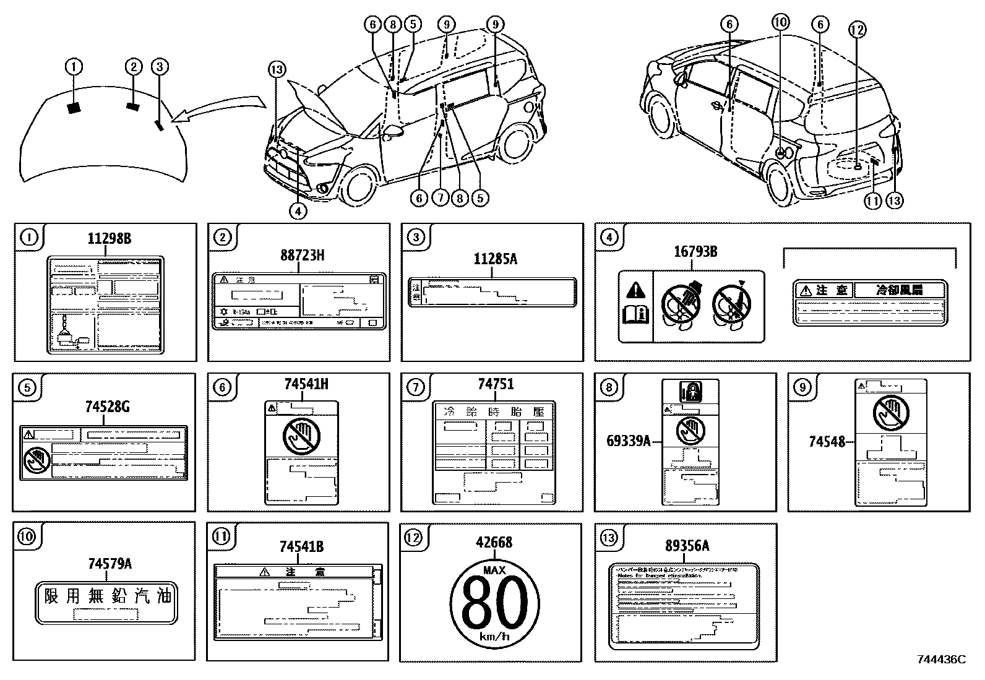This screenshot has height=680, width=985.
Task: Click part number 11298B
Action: pyautogui.click(x=109, y=239)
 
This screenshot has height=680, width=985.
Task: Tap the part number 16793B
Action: pyautogui.click(x=695, y=252)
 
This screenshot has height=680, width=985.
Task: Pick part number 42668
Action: pyautogui.click(x=494, y=542)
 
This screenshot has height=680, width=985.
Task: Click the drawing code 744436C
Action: pyautogui.click(x=940, y=660)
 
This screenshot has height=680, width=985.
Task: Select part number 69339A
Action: pyautogui.click(x=628, y=441)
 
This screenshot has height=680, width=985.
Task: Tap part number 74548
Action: pyautogui.click(x=827, y=441)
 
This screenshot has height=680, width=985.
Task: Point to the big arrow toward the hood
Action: pyautogui.click(x=223, y=108)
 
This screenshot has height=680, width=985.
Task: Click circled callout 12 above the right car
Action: pyautogui.click(x=857, y=29)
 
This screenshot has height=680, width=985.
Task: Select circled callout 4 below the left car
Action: pyautogui.click(x=298, y=211)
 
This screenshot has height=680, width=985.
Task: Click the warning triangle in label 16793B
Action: pyautogui.click(x=636, y=290)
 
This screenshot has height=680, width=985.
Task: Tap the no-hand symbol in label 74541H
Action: pyautogui.click(x=301, y=436)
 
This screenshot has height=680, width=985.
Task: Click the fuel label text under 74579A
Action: pyautogui.click(x=107, y=596)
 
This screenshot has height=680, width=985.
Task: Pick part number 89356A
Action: pyautogui.click(x=687, y=545)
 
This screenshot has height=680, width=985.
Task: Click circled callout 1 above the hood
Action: pyautogui.click(x=74, y=66)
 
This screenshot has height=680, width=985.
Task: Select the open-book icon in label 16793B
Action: pyautogui.click(x=635, y=315)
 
